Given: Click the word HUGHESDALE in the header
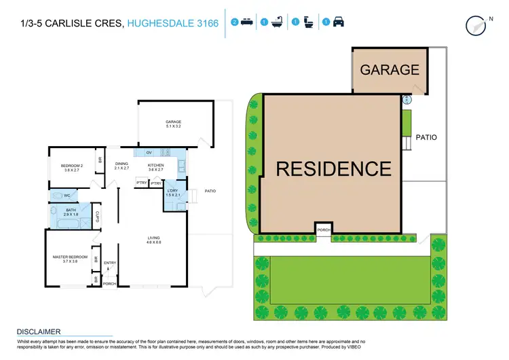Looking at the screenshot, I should pyautogui.click(x=160, y=24).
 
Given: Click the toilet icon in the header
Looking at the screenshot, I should pyautogui.click(x=307, y=22).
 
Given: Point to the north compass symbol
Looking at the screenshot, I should pyautogui.click(x=478, y=24).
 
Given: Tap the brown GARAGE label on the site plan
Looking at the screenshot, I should pyautogui.click(x=390, y=70).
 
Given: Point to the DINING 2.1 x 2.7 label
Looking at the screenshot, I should pyautogui.click(x=121, y=166).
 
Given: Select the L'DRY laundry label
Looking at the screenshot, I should pyautogui.click(x=172, y=193).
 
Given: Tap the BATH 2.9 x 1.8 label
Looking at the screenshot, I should pyautogui.click(x=71, y=212).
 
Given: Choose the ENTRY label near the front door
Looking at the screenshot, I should pyautogui.click(x=110, y=263).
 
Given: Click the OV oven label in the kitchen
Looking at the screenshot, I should pyautogui.click(x=149, y=154).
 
